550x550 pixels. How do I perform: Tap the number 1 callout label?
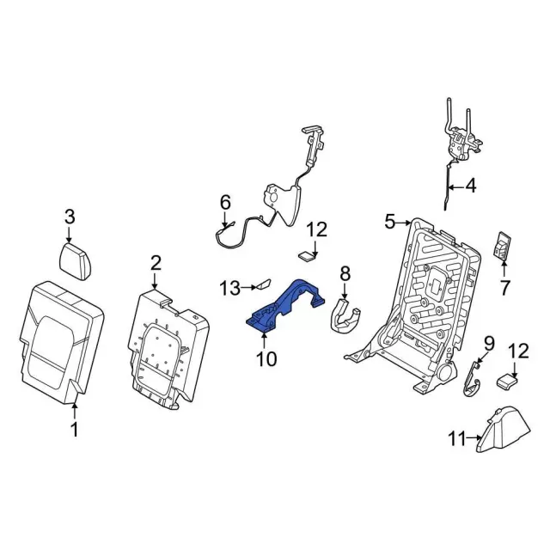click(74, 431)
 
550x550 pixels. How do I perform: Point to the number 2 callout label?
click(156, 261)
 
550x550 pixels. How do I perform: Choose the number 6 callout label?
click(225, 203)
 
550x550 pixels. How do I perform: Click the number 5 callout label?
click(389, 222)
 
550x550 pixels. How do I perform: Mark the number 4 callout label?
click(470, 184)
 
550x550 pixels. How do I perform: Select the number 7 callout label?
click(504, 286)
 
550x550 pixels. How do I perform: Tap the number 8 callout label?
click(345, 274)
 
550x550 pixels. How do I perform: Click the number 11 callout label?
click(456, 440)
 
